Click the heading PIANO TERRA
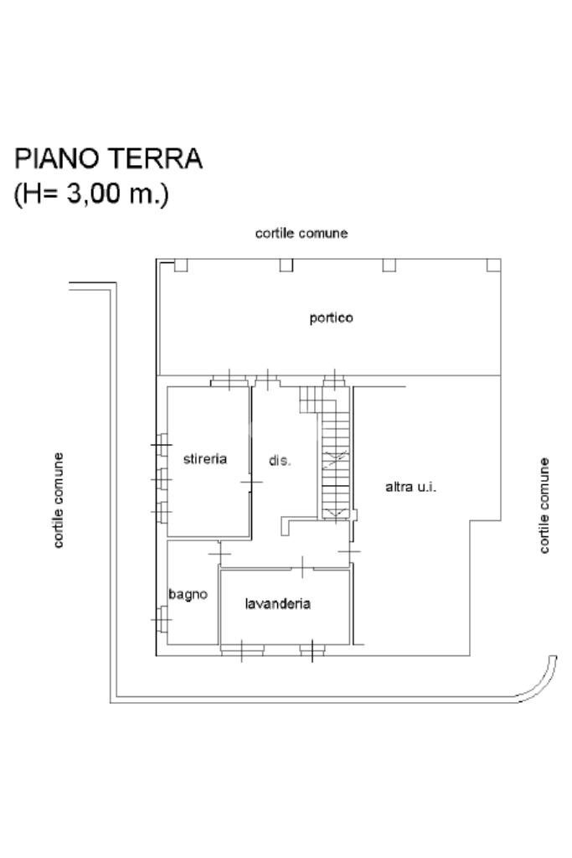pos(109,158)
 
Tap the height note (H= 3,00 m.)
pos(91,194)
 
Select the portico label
pos(331,318)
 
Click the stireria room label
pos(205,459)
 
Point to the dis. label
pos(280,461)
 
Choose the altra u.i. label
pos(410,487)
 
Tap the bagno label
pos(188,594)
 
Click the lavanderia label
pos(278,603)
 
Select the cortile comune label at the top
pos(301,234)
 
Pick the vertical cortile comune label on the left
pos(59,500)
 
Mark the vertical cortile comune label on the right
pos(545,504)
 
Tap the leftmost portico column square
pos(180,265)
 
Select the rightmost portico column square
pos(494,265)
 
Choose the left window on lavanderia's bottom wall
pos(241,649)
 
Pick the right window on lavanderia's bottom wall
pos(311,649)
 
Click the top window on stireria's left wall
pos(162,443)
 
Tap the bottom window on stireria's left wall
pos(162,509)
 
